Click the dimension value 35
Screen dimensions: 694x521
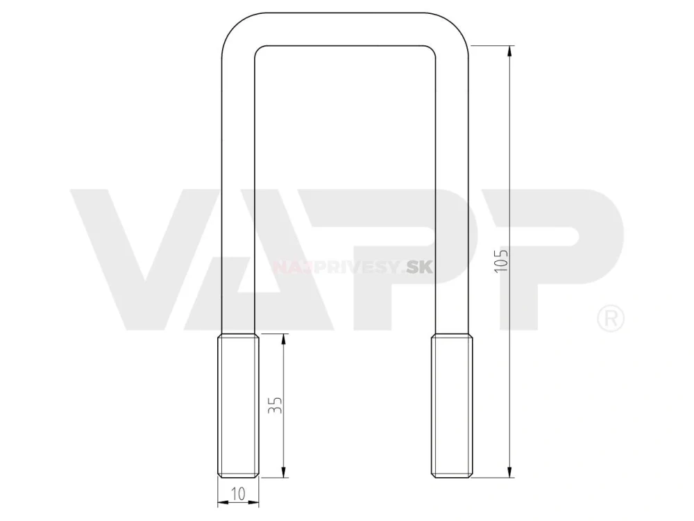pos(275,405)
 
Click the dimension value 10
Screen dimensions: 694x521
pos(238,494)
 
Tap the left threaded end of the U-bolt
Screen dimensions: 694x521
pos(238,406)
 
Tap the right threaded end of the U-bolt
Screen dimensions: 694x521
pos(452,406)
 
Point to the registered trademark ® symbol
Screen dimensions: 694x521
pos(611,318)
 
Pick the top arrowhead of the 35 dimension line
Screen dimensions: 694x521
pos(284,340)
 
